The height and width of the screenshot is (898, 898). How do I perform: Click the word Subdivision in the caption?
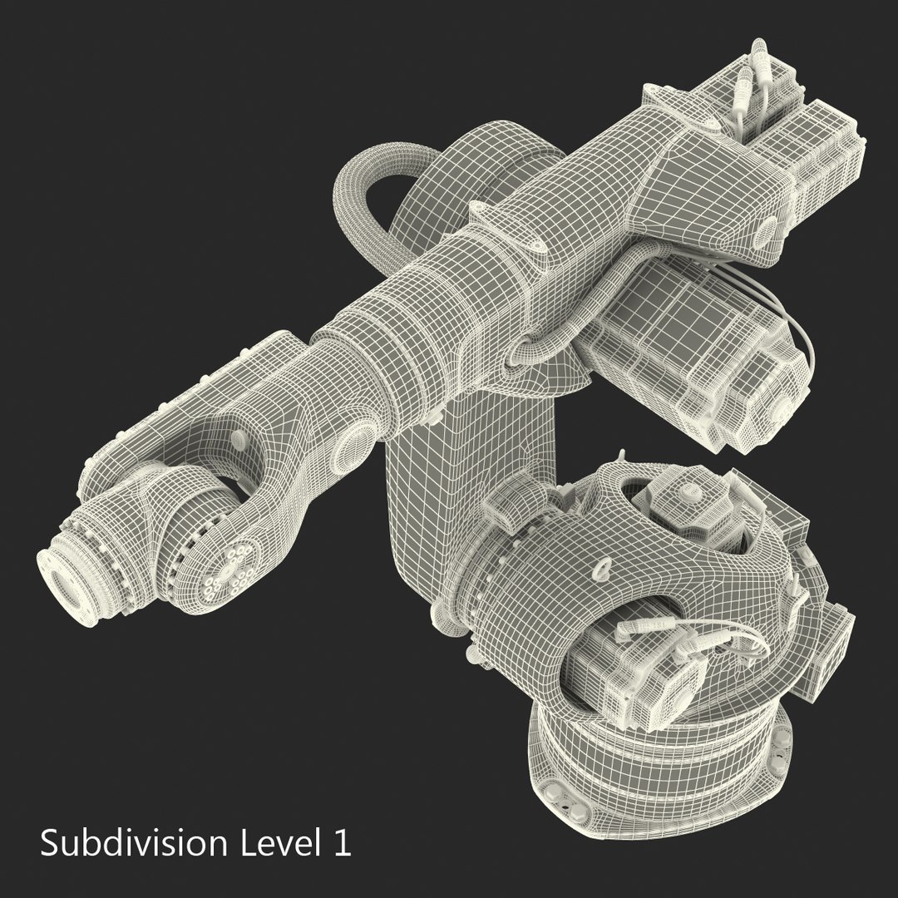[x=133, y=843]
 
